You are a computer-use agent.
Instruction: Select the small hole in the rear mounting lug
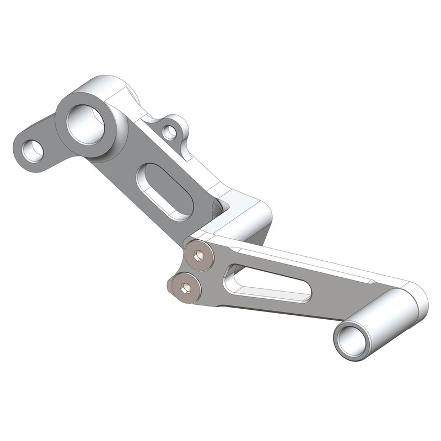[x=170, y=131]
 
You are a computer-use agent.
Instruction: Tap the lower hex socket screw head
[x=186, y=288]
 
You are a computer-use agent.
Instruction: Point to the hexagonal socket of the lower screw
[x=186, y=288]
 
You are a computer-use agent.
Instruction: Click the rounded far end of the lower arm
[x=416, y=298]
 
